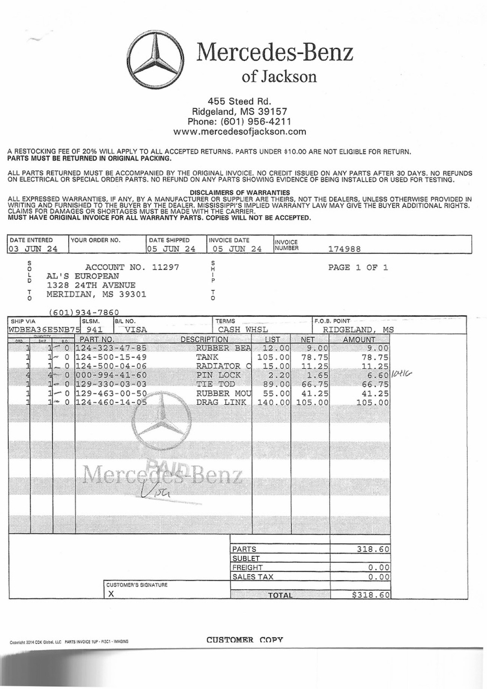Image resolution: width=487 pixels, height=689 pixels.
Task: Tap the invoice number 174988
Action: (344, 249)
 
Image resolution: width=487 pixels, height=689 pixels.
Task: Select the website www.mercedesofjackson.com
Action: (240, 132)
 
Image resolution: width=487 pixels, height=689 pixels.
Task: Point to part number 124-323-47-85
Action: (111, 348)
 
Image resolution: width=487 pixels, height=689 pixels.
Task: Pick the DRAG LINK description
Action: (221, 403)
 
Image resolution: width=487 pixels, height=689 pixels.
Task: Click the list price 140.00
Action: (273, 403)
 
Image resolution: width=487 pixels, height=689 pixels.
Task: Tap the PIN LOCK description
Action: (219, 375)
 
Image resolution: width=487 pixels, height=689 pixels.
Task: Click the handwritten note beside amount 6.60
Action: (401, 373)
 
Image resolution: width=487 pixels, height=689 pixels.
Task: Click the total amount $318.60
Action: (370, 595)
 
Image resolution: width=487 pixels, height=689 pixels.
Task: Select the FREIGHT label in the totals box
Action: (247, 568)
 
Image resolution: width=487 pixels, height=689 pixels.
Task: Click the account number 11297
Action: (165, 267)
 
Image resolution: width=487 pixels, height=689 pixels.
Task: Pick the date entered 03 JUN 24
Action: (33, 249)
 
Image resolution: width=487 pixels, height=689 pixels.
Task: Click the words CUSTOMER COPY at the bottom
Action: (245, 640)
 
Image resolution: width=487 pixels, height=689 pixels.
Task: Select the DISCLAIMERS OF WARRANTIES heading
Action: (240, 193)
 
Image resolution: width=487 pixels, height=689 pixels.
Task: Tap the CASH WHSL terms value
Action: (243, 330)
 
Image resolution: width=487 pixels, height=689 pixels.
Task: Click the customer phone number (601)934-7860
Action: (84, 313)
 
